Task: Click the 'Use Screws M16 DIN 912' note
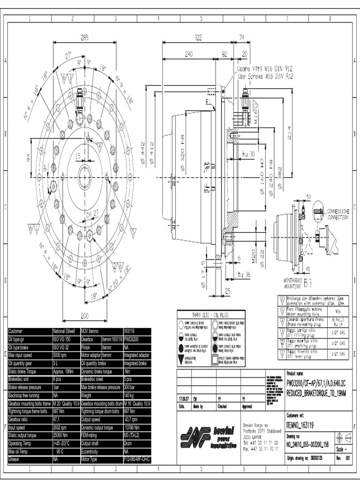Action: click(265, 75)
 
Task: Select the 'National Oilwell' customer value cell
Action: click(66, 331)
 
